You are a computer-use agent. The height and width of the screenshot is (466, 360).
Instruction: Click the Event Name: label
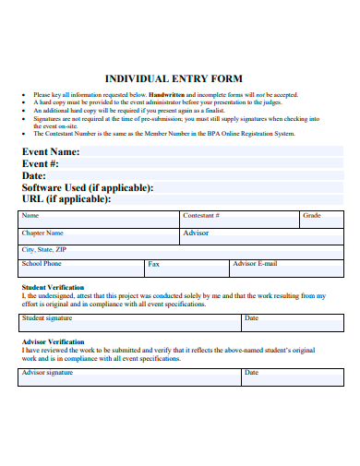coord(51,151)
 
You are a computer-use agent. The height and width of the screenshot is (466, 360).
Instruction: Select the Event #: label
coord(42,163)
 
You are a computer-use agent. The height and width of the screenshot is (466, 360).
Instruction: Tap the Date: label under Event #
coord(34,175)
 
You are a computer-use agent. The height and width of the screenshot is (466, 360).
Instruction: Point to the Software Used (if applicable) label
coord(88,187)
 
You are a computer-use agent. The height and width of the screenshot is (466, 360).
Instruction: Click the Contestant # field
coord(240,220)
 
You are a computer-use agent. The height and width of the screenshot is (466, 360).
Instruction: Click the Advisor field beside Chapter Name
coord(261,236)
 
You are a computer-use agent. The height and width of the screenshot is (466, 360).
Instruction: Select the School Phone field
coord(80,268)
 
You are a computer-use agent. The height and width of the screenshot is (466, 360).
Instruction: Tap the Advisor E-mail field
coord(286,268)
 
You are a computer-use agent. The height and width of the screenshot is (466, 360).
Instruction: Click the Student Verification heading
coord(53,288)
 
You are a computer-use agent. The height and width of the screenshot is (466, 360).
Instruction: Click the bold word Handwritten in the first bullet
coord(167,95)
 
